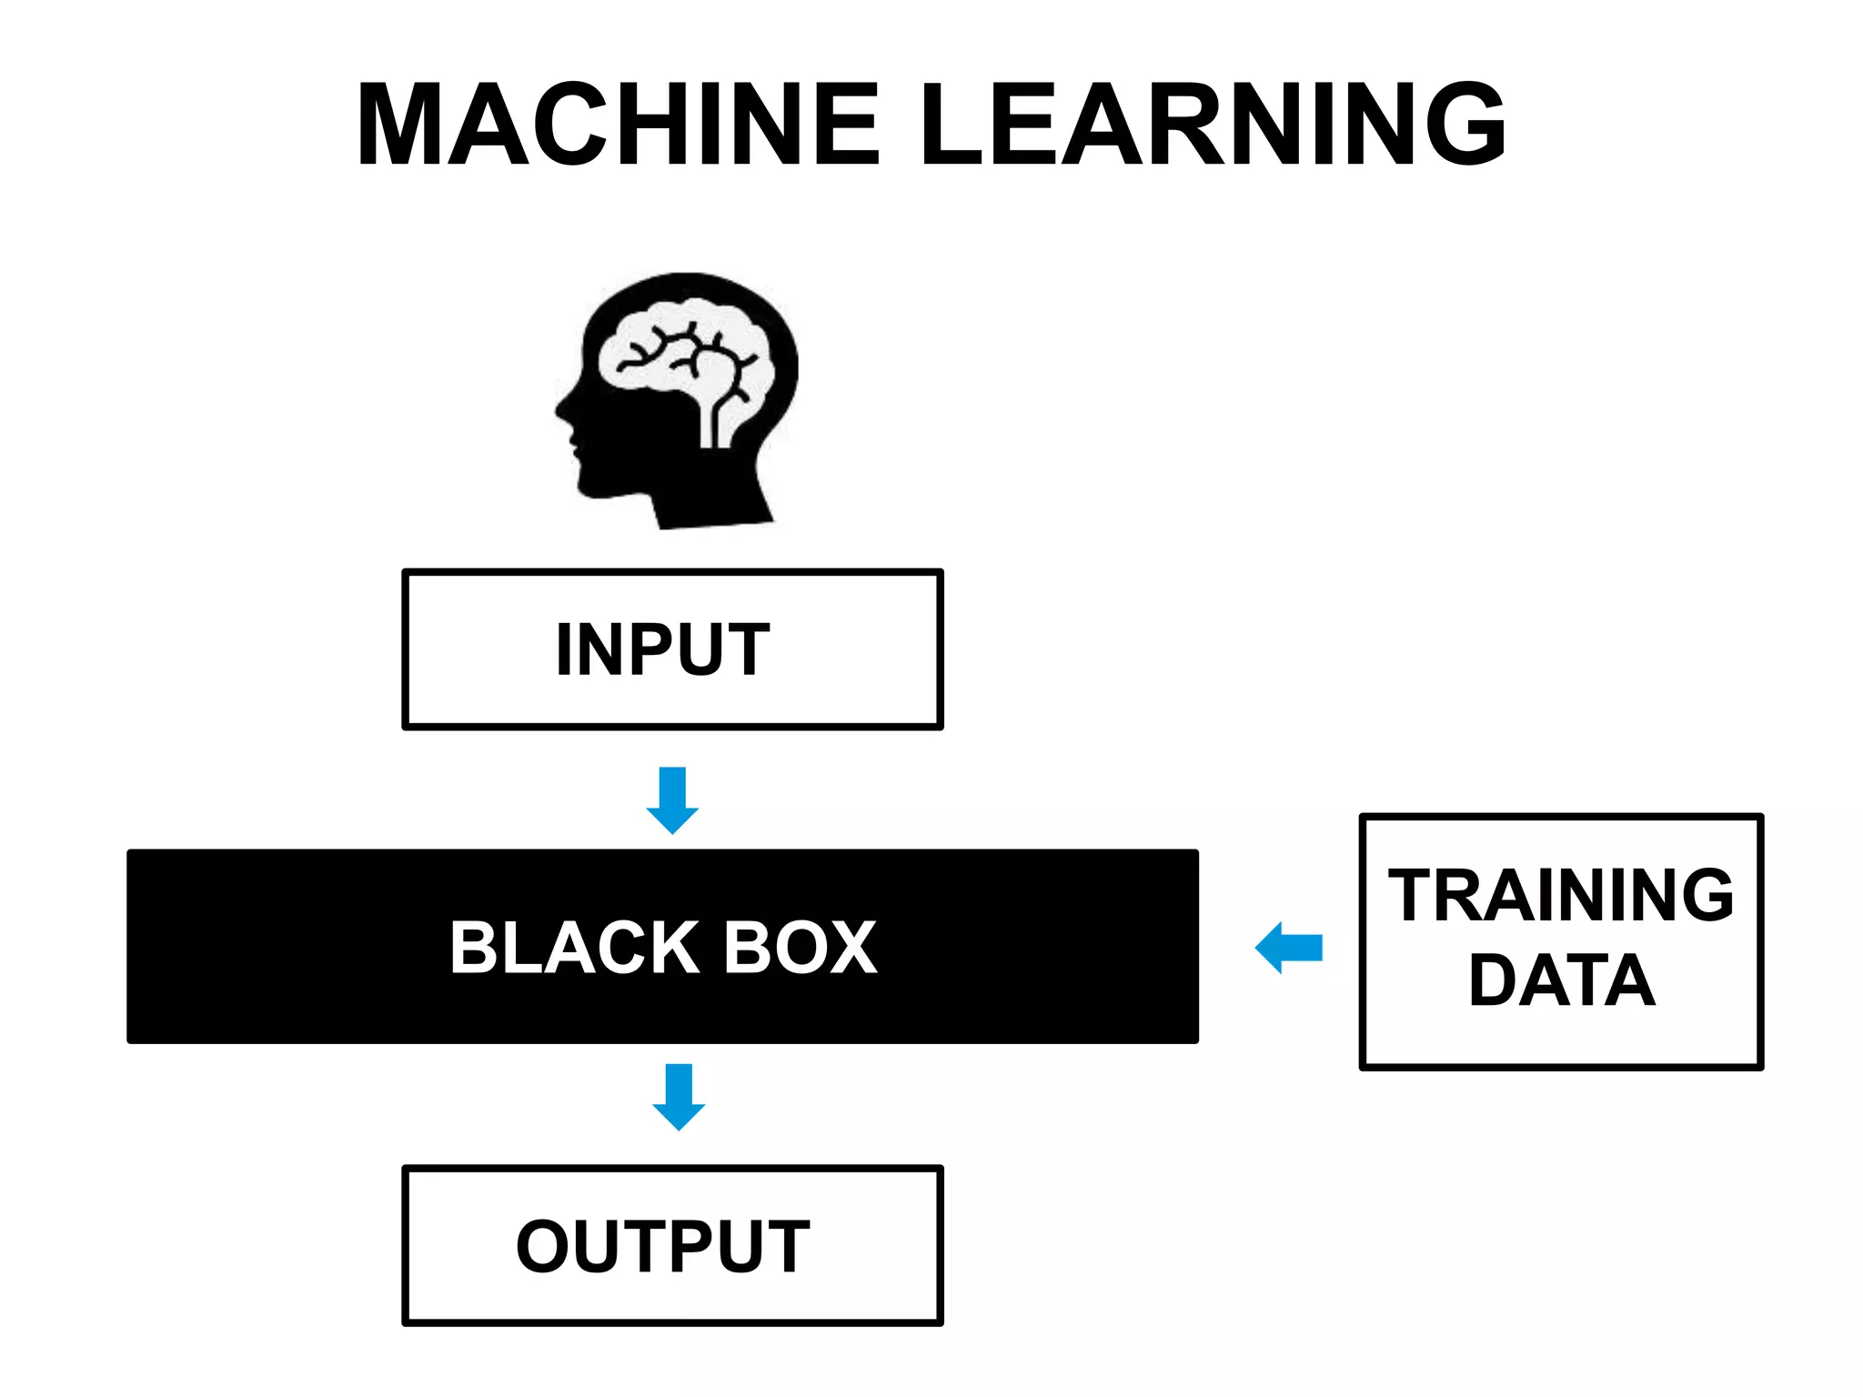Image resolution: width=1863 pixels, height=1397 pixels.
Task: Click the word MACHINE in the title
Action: pos(619,125)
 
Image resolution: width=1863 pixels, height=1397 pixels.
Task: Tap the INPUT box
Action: pos(672,649)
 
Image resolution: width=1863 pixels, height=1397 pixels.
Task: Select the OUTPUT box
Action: pos(672,1245)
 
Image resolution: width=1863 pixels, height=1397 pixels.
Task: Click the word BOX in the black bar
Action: pos(801,948)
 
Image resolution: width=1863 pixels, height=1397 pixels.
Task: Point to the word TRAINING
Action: pos(1561,896)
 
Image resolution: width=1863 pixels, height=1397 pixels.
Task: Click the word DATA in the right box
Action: pos(1561,981)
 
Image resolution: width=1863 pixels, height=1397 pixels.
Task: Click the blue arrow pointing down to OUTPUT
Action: pos(679,1097)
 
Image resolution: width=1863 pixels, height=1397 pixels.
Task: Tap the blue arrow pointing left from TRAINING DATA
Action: pos(1288,948)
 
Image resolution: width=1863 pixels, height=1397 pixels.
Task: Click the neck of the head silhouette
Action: pos(710,496)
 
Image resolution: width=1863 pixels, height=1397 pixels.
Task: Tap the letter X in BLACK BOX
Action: pos(850,948)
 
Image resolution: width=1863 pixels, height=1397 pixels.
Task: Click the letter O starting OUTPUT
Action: pos(543,1245)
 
